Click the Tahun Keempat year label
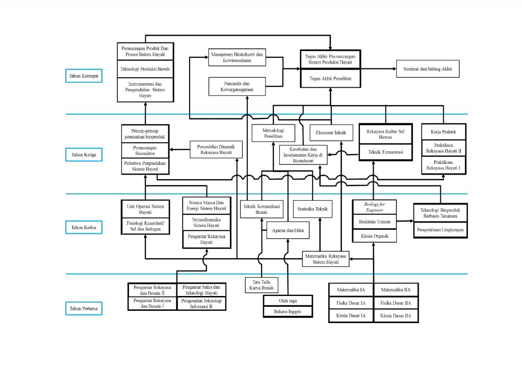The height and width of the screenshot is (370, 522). point(85,76)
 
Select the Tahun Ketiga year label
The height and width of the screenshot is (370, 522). point(85,154)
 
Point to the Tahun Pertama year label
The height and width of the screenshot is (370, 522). point(85,308)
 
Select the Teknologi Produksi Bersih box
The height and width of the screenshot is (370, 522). point(145,69)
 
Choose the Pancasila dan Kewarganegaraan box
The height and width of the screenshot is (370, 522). point(239,86)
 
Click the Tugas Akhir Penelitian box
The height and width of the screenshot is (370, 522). point(330,79)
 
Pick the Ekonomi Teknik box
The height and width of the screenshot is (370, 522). point(331,133)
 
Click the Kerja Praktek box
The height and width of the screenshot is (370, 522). point(442,133)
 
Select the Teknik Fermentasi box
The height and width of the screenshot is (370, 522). point(385,152)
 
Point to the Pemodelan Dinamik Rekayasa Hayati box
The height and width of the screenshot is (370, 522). point(216,149)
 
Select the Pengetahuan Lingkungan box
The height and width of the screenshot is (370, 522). point(440,231)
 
